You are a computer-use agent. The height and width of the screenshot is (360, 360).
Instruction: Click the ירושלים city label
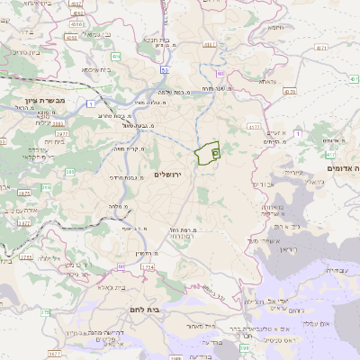point(168,174)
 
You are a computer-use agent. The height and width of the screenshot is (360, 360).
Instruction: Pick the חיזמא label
point(275,28)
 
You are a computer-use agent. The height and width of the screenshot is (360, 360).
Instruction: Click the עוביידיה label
point(329,270)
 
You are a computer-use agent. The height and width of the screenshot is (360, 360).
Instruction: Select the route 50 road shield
point(165,69)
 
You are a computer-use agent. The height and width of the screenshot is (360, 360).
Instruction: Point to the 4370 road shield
point(288,91)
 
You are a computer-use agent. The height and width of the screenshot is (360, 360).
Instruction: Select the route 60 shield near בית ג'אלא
point(121,266)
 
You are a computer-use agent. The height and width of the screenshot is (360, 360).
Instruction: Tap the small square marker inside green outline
point(215,154)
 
